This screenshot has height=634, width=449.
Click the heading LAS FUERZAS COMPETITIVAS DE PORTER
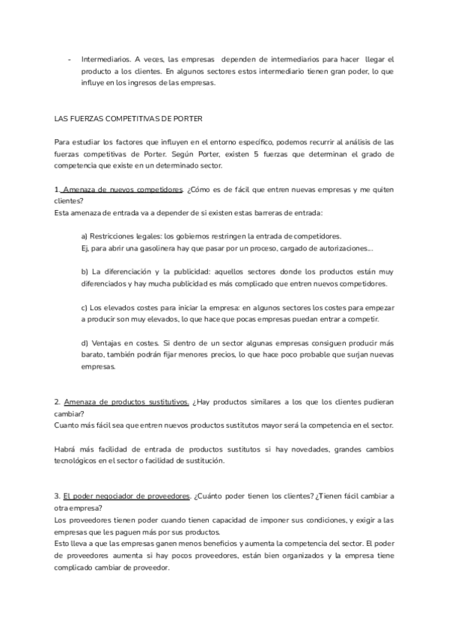click(x=128, y=119)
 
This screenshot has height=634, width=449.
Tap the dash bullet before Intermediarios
click(x=70, y=58)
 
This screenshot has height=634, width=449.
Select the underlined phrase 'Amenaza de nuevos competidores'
click(x=122, y=189)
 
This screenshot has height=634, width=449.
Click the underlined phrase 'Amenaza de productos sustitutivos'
click(x=126, y=401)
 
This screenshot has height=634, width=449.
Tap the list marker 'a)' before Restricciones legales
click(x=85, y=236)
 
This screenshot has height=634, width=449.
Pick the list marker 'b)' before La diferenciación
click(x=85, y=271)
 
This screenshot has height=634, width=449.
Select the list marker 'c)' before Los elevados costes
click(x=85, y=307)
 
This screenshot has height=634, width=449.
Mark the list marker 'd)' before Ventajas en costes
click(x=85, y=343)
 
